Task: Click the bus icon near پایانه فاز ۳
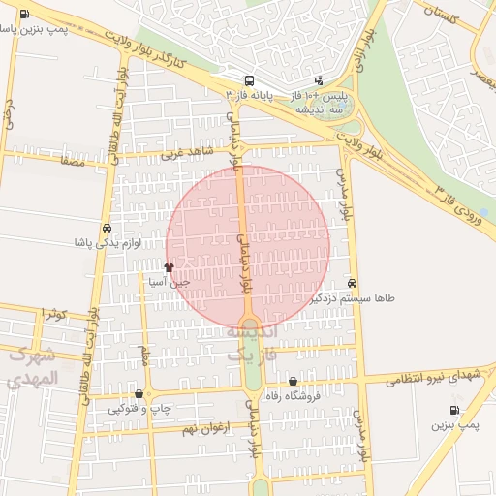click(x=250, y=80)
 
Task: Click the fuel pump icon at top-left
click(x=23, y=15)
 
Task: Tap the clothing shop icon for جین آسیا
click(x=169, y=267)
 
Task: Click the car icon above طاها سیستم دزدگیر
click(x=351, y=283)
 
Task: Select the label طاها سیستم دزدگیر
click(x=352, y=299)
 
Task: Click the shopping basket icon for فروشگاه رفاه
click(x=293, y=381)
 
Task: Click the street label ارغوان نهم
click(x=203, y=427)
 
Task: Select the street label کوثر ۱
click(x=53, y=314)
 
